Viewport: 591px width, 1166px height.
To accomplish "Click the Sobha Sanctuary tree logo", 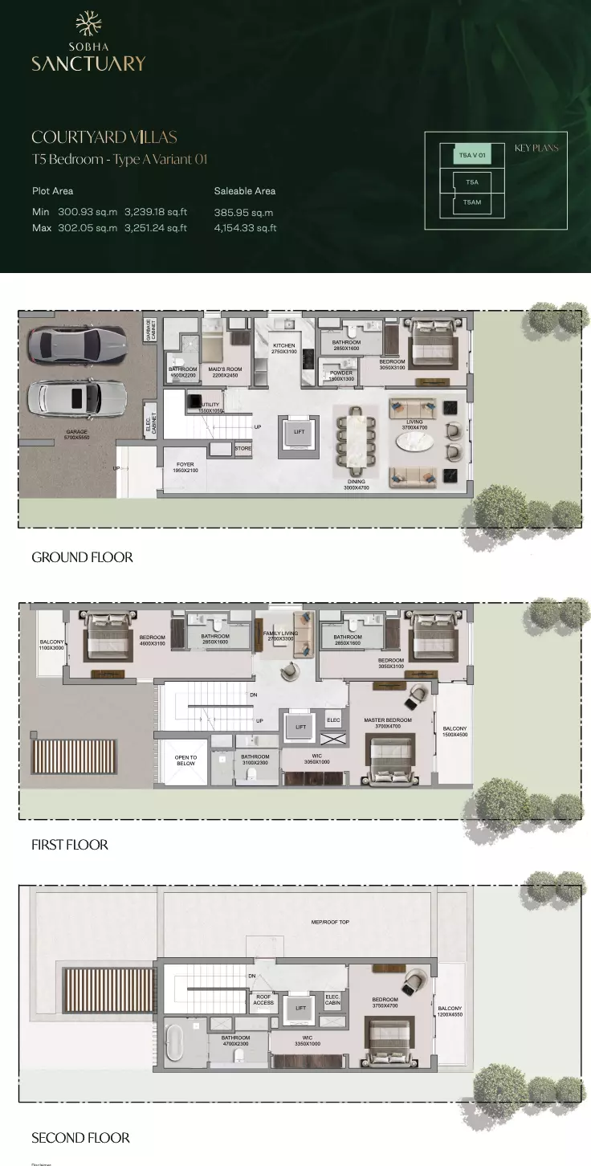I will [x=88, y=25].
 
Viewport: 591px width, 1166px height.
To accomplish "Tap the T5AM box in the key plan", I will [x=472, y=202].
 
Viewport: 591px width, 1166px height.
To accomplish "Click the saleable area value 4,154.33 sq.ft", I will [x=245, y=228].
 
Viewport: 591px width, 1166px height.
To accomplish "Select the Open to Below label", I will [x=185, y=760].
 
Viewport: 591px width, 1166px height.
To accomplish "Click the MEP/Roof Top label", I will [x=330, y=922].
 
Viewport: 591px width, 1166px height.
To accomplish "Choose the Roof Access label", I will [x=263, y=999].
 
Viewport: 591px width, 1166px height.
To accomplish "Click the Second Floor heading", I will [x=80, y=1138].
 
